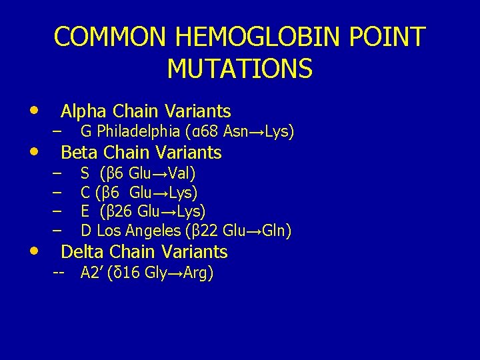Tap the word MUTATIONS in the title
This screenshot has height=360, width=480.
tap(239, 68)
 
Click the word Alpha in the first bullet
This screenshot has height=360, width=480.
tap(85, 111)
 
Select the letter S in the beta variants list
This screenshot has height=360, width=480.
tap(85, 174)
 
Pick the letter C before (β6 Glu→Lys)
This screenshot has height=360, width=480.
tap(85, 193)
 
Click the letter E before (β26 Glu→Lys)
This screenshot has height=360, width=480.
tap(85, 212)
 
